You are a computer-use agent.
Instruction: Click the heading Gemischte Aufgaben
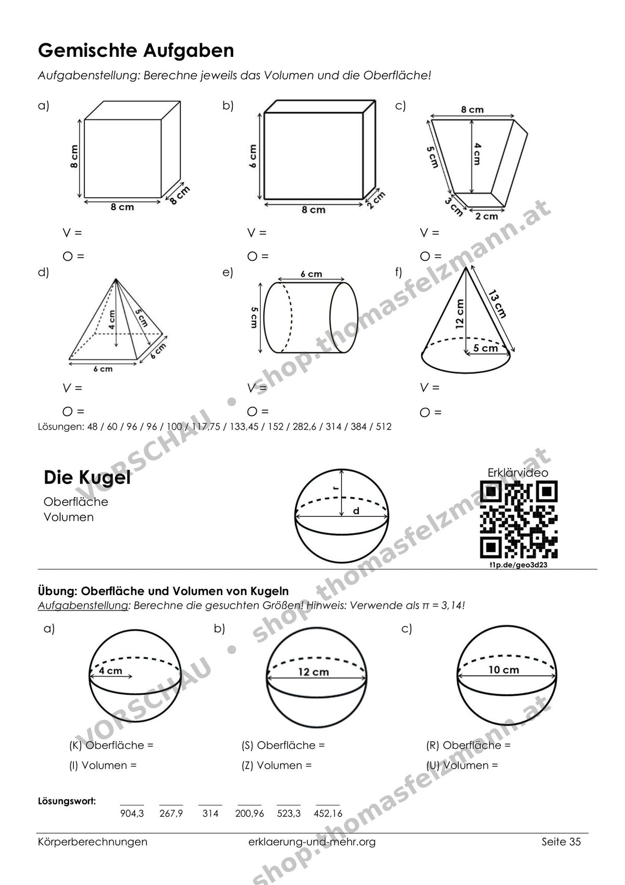pyautogui.click(x=136, y=51)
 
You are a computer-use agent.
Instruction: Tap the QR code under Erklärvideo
pyautogui.click(x=518, y=519)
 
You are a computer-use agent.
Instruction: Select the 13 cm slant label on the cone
pyautogui.click(x=497, y=304)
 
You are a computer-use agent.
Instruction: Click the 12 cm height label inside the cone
pyautogui.click(x=460, y=314)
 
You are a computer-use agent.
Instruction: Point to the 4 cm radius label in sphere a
pyautogui.click(x=110, y=671)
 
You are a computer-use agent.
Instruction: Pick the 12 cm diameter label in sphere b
pyautogui.click(x=314, y=672)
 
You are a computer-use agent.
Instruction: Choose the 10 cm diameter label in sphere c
pyautogui.click(x=504, y=670)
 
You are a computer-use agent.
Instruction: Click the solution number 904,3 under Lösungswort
pyautogui.click(x=132, y=810)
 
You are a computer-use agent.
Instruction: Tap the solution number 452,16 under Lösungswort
pyautogui.click(x=328, y=810)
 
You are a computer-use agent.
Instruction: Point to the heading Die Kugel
pyautogui.click(x=87, y=478)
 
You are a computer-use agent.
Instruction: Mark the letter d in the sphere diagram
pyautogui.click(x=356, y=511)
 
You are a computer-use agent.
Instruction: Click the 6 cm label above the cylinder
pyautogui.click(x=311, y=274)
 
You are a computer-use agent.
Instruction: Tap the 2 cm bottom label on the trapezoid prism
pyautogui.click(x=486, y=216)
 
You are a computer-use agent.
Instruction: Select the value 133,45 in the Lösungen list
pyautogui.click(x=242, y=427)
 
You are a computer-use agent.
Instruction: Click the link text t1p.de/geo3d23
pyautogui.click(x=518, y=565)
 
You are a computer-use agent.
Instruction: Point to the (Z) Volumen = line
pyautogui.click(x=277, y=765)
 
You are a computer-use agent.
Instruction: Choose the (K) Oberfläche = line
pyautogui.click(x=111, y=745)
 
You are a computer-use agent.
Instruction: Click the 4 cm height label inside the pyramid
pyautogui.click(x=112, y=320)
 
